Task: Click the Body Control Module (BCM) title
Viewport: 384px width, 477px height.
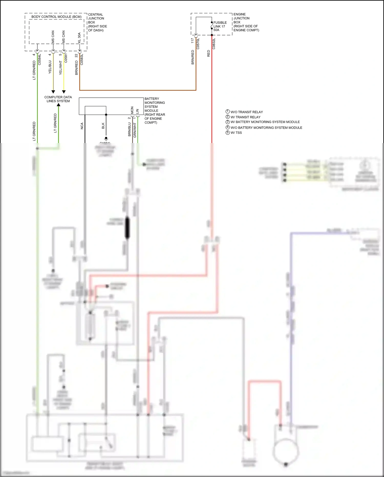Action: (56, 17)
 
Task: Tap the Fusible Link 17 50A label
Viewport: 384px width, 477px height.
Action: (220, 26)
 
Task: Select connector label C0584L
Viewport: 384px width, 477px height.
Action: (39, 59)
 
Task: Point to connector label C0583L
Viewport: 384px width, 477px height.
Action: (82, 59)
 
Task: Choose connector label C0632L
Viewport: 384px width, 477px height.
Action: (214, 44)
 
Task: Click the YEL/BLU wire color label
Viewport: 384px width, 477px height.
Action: (50, 67)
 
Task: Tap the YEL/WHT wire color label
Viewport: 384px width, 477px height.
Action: (61, 68)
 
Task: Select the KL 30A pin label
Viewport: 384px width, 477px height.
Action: (79, 38)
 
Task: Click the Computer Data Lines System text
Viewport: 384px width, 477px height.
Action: (58, 99)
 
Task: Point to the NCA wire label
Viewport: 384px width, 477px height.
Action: (82, 126)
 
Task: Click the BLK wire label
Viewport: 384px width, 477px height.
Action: (103, 126)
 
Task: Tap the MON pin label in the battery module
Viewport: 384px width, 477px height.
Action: (132, 110)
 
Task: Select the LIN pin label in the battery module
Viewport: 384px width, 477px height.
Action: (137, 111)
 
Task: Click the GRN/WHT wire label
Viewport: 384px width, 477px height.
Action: (135, 130)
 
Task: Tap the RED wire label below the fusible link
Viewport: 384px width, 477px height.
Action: (208, 53)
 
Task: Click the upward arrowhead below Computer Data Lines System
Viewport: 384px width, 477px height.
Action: (59, 105)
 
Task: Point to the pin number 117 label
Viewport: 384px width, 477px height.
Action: (192, 41)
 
